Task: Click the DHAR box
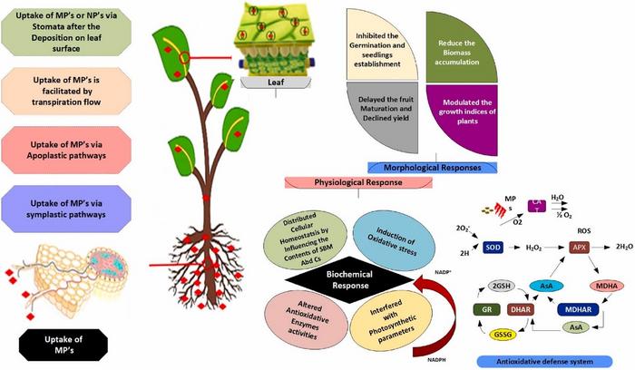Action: coord(496,307)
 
